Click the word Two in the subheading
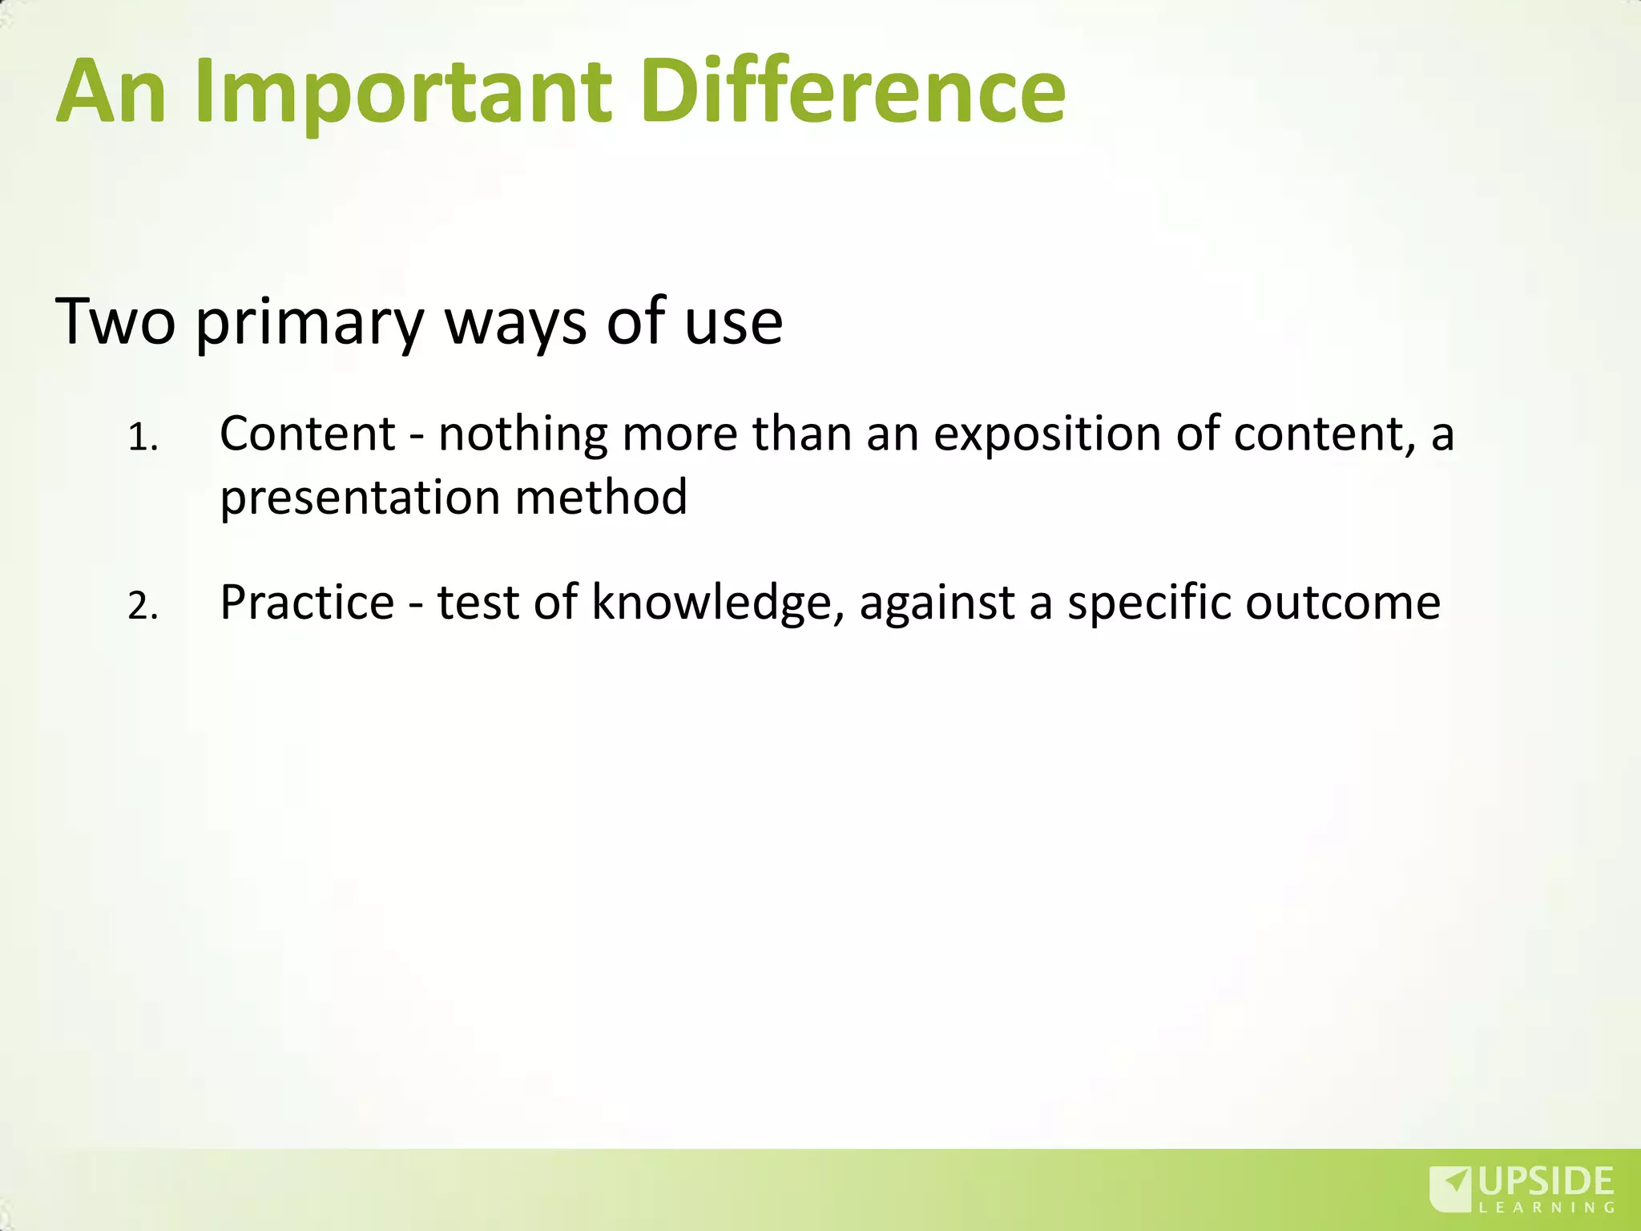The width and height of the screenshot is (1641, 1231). pyautogui.click(x=115, y=321)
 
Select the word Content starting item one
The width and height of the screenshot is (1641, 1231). pyautogui.click(x=308, y=434)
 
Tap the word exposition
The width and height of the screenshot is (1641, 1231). pyautogui.click(x=1046, y=435)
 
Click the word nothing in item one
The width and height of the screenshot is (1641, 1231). pyautogui.click(x=522, y=435)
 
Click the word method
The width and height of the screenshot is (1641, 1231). pyautogui.click(x=601, y=496)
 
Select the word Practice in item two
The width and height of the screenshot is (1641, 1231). pyautogui.click(x=307, y=602)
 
